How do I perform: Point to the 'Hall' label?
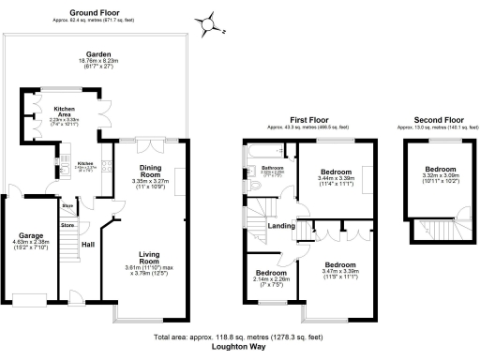pos(88,244)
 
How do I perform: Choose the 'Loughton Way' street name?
pos(239,346)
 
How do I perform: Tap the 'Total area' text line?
pos(239,337)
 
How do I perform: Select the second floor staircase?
pos(437,230)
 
